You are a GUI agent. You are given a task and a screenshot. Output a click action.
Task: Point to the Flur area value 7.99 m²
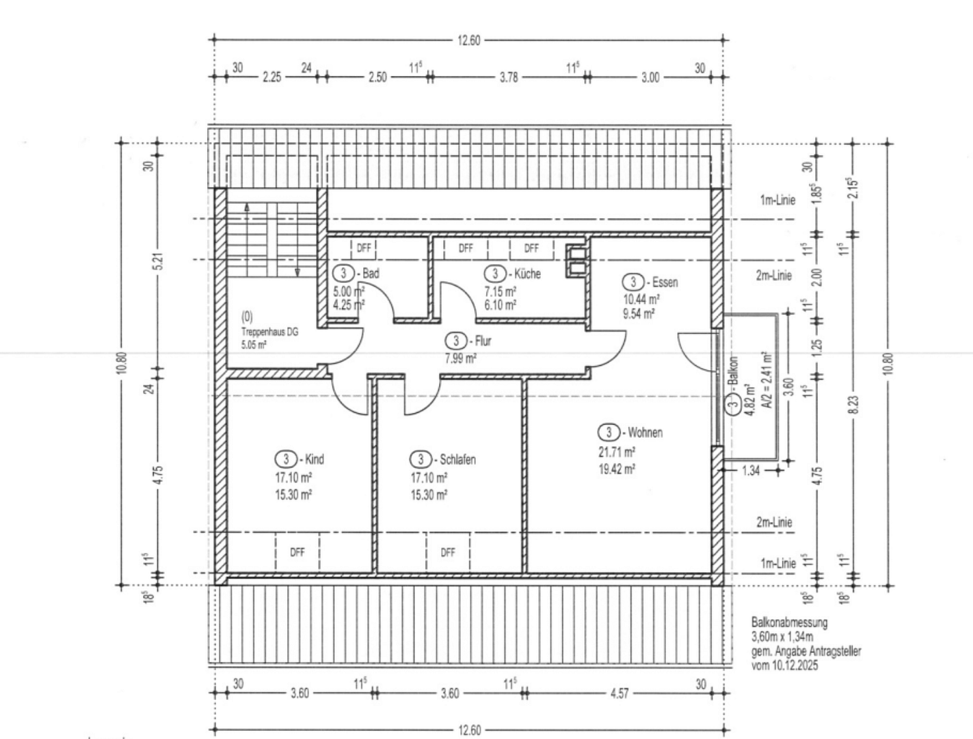[461, 359]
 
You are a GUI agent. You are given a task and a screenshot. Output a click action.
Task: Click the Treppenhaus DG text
[270, 332]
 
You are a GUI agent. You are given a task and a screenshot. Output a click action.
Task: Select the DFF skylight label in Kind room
[297, 552]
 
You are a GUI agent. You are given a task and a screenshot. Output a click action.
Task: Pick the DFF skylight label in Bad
[364, 248]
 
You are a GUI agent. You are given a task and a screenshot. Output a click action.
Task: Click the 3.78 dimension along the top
[509, 77]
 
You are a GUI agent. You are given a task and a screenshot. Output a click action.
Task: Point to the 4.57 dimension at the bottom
[619, 693]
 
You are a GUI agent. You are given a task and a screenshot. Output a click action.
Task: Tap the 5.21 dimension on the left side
[160, 261]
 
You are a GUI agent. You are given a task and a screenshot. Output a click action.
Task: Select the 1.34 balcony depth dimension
[751, 471]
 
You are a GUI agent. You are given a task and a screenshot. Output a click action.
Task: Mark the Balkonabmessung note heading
[790, 623]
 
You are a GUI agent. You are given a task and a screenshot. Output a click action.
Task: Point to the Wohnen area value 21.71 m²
[617, 452]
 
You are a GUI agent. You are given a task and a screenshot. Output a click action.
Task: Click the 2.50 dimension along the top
[377, 77]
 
